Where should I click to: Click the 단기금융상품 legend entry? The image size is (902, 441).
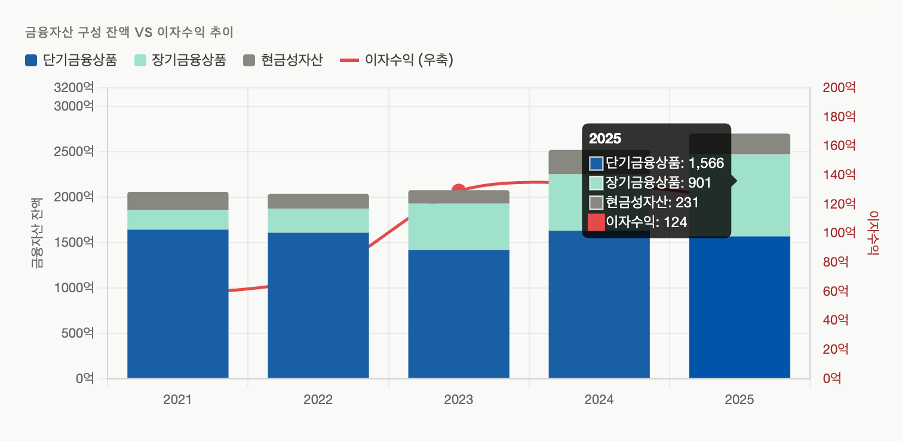pos(71,60)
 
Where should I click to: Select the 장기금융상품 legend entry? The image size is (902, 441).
pos(180,60)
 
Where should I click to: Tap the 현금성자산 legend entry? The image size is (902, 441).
pos(283,60)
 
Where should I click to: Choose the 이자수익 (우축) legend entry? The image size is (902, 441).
pos(397,60)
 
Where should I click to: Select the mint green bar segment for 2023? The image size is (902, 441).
pos(459,226)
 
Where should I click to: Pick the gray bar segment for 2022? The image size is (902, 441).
pos(318,201)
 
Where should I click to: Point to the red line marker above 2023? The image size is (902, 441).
pos(459,191)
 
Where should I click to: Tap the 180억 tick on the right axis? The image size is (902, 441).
pos(839,117)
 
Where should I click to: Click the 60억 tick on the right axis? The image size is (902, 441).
pos(836,292)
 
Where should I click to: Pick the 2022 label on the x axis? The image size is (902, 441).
pos(318,400)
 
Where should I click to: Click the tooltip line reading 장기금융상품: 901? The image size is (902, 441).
pos(658,182)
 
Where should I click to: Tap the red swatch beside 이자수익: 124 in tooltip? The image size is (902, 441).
pos(596,222)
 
